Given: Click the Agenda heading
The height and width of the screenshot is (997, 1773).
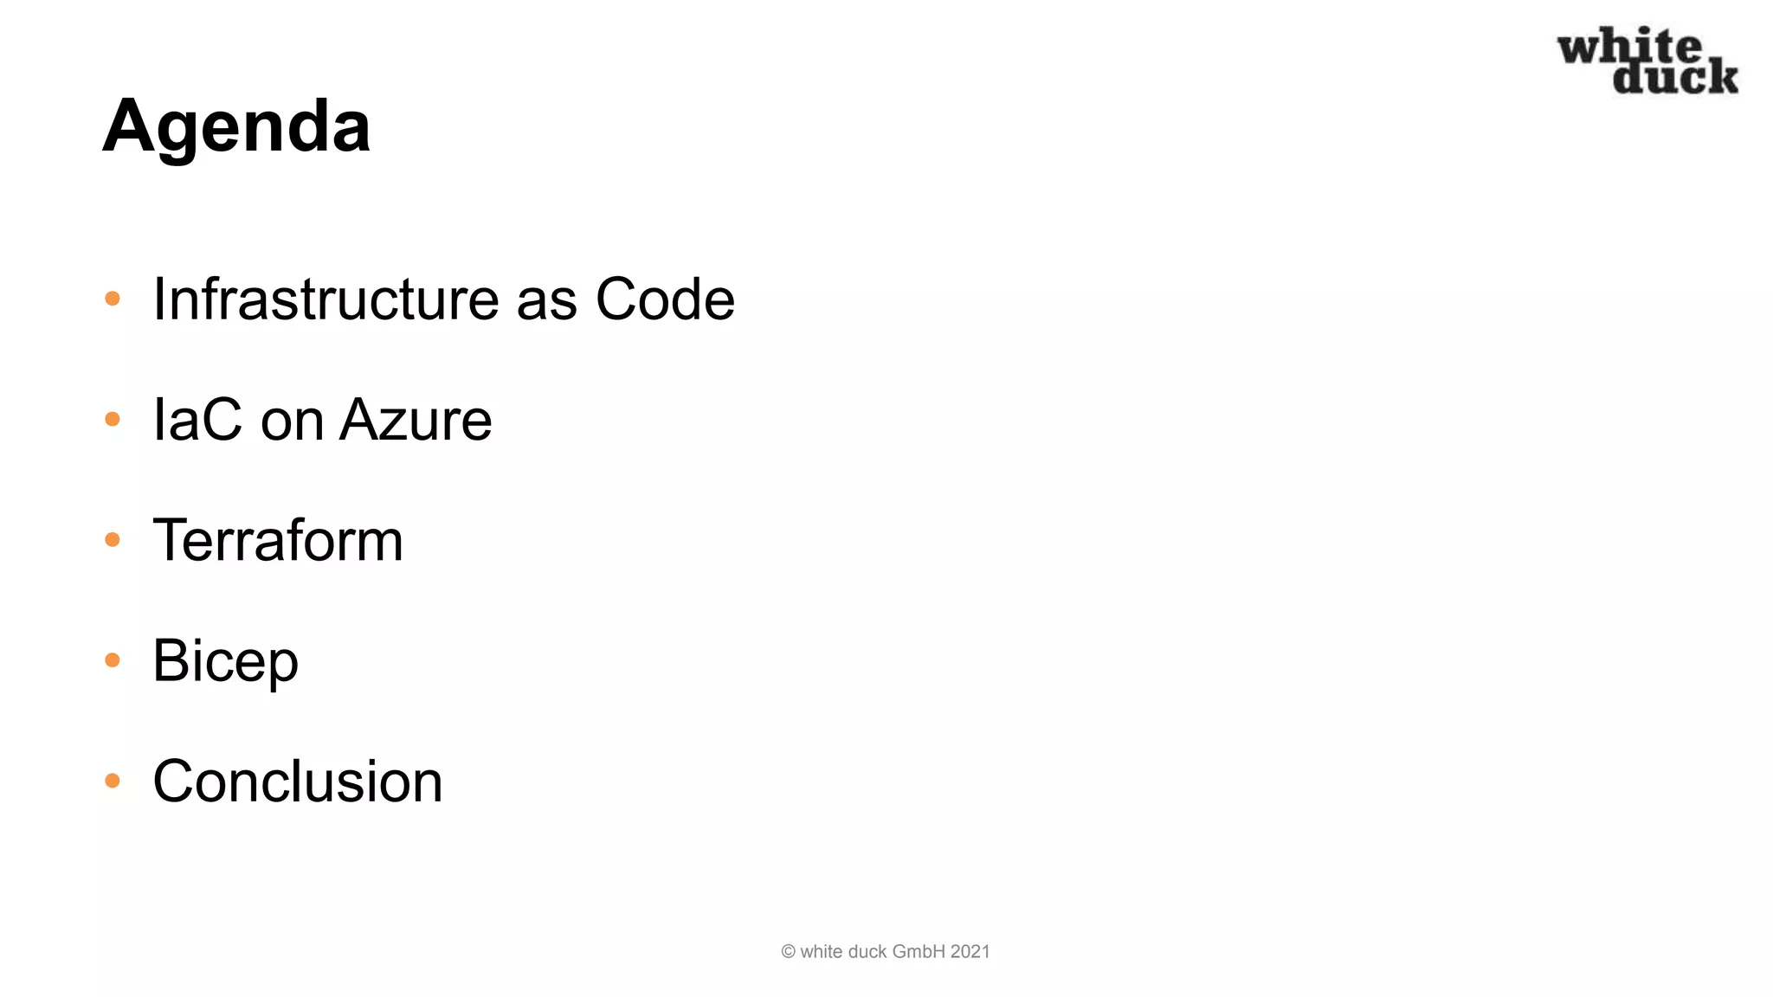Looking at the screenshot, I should pos(236,127).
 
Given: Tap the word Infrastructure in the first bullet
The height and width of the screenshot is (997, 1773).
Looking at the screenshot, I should pos(326,299).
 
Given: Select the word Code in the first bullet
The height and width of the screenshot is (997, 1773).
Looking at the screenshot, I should pos(665,299).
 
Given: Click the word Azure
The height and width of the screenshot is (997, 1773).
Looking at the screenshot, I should pos(416,421).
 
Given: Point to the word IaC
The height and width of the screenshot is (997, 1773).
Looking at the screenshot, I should pos(197,421).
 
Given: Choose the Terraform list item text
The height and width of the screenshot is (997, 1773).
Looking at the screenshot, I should pos(278,541).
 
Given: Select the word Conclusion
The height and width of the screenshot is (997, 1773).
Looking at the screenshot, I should pos(297,782).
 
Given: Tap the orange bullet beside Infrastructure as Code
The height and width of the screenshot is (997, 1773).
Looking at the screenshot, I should pos(113,299).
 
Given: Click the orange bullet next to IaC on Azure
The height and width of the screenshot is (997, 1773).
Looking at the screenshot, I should pos(113,420).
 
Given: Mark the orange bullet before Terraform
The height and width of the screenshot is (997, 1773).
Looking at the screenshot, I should pos(113,540).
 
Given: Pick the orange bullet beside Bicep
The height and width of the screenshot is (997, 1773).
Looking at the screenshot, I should pos(113,660).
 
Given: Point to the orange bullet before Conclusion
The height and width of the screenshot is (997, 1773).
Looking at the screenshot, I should pos(113,781).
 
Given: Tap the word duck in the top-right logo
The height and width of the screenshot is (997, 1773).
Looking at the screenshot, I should pos(1675,77).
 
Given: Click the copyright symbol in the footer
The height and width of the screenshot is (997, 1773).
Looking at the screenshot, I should pos(788,952).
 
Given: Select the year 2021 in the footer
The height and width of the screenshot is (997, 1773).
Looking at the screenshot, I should pos(970,952).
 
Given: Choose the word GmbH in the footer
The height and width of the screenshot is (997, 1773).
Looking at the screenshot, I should pos(919,952).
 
